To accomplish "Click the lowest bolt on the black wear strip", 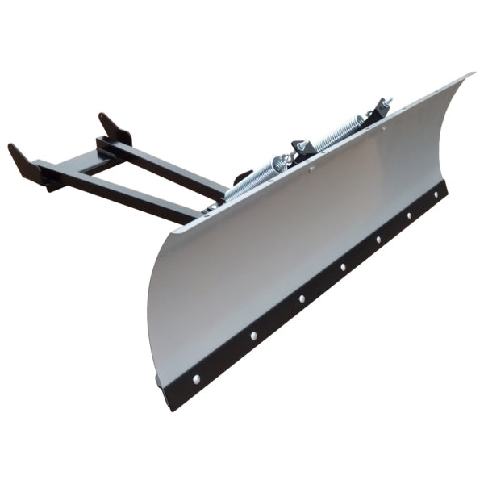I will point(195,378).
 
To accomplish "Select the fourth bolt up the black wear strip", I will point(342,267).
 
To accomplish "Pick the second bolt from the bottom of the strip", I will point(252,336).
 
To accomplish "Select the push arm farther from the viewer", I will point(173,169).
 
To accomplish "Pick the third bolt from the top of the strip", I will point(378,240).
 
